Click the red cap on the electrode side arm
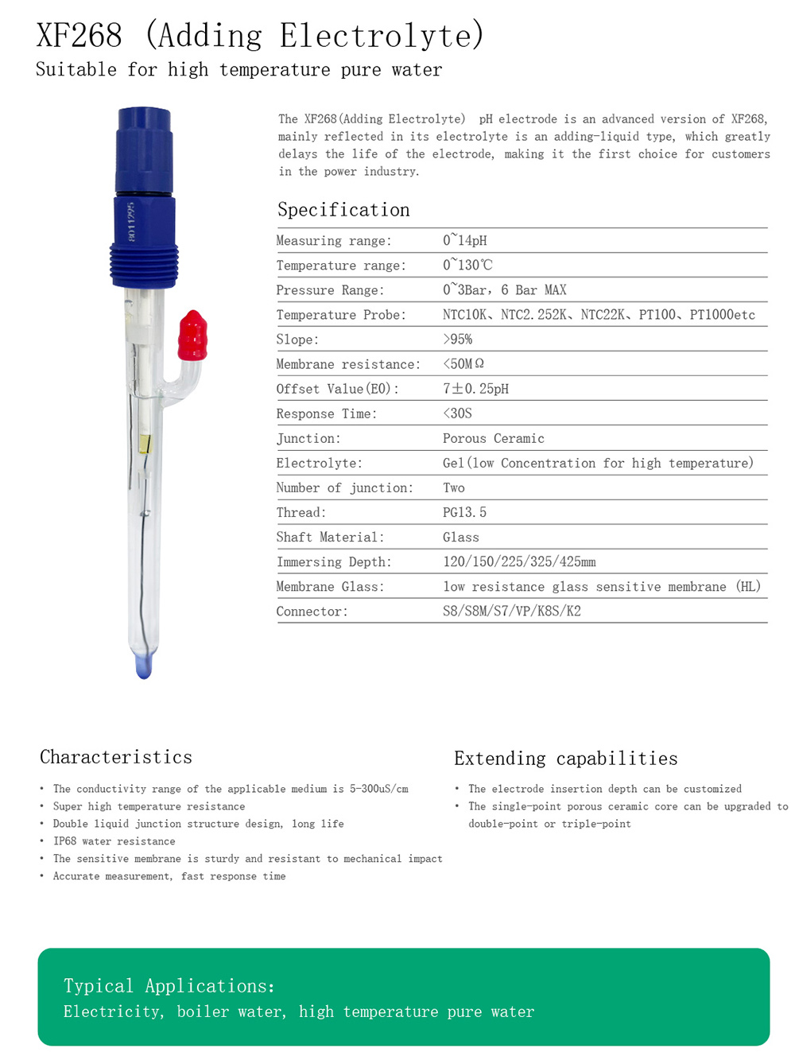tap(192, 335)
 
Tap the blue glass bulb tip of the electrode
tap(144, 666)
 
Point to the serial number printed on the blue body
tap(131, 221)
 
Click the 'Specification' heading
tap(343, 210)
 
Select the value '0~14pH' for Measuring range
tap(465, 240)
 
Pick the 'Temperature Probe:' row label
tap(341, 315)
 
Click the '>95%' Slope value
tap(457, 340)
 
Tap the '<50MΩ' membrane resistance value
tap(463, 364)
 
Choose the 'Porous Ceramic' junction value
tap(493, 438)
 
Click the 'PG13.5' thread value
tap(464, 512)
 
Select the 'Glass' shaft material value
tap(461, 537)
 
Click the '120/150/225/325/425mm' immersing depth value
tap(519, 561)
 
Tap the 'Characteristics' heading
tap(116, 757)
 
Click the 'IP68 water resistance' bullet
tap(114, 841)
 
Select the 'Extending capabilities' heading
tap(565, 759)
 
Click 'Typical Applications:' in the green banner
tap(169, 986)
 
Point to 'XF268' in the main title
tap(79, 36)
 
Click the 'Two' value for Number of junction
tap(454, 487)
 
